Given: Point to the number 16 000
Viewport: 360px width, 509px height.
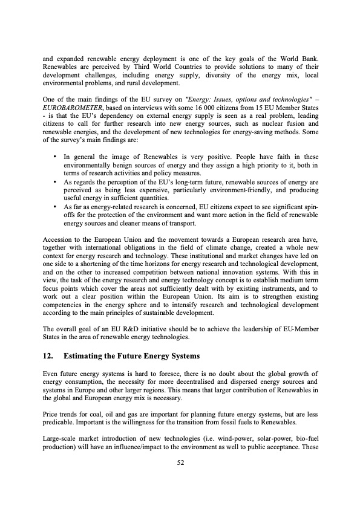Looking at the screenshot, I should [x=200, y=107].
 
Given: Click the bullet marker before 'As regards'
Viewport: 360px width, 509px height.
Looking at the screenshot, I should [x=56, y=181].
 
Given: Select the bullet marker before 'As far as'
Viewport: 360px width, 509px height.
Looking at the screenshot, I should [x=56, y=206].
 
